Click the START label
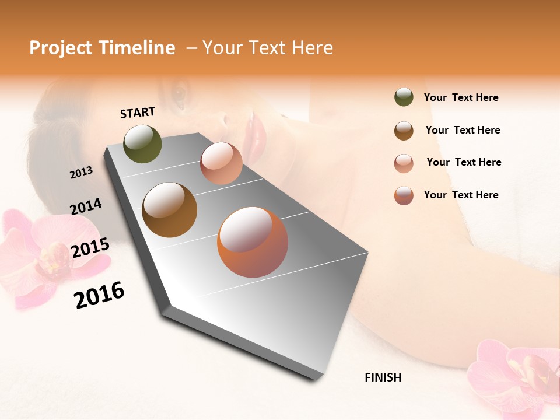tap(138, 113)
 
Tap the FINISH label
tap(383, 377)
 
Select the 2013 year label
tap(82, 172)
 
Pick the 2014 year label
tap(86, 206)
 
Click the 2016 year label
tap(99, 295)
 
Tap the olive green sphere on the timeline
tap(142, 143)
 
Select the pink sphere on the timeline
tap(221, 163)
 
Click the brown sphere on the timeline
tap(169, 209)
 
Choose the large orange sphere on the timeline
tap(253, 242)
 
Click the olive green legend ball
tap(404, 97)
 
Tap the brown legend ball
tap(404, 131)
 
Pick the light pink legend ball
tap(404, 163)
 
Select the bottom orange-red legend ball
tap(404, 195)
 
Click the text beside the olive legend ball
tap(461, 97)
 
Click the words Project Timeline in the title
tap(102, 48)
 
